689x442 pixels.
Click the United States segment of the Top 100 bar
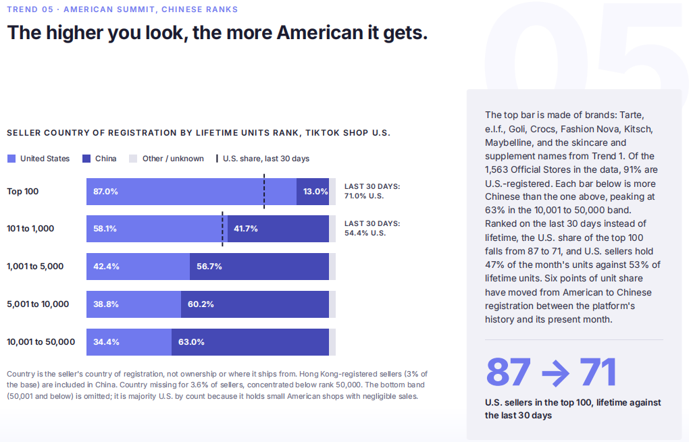(x=192, y=192)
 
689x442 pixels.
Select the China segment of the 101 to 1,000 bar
(x=278, y=229)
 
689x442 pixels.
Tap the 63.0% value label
(x=191, y=342)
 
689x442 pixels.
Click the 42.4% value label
(x=106, y=267)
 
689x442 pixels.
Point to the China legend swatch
(x=86, y=159)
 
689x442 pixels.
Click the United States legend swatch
(x=11, y=159)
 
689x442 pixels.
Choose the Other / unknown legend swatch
(x=133, y=159)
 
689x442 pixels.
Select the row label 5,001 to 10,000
(x=38, y=304)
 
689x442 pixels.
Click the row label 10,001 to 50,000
(x=41, y=342)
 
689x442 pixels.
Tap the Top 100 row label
(x=23, y=192)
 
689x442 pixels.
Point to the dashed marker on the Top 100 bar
(x=264, y=192)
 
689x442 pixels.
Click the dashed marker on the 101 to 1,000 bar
(x=222, y=229)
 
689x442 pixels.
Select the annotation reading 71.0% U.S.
(x=364, y=196)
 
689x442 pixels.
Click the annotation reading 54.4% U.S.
(x=365, y=233)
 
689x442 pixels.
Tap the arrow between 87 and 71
(x=555, y=373)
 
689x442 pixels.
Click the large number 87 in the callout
(x=509, y=372)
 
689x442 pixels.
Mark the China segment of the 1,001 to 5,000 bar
(x=259, y=267)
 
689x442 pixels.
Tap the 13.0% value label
(x=315, y=192)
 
